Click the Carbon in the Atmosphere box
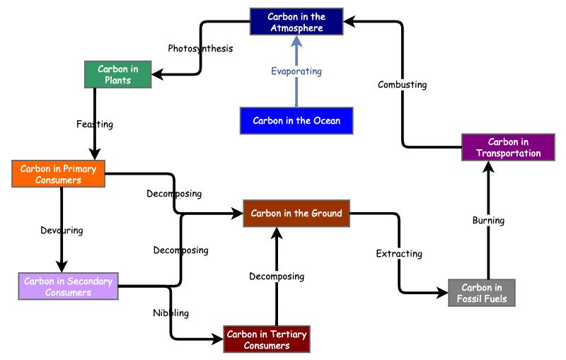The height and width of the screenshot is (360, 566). pos(296,22)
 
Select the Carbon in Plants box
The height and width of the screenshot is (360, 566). pos(118,75)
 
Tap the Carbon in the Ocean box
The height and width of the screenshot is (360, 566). pos(296,120)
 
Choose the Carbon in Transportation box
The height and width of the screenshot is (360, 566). pos(508,148)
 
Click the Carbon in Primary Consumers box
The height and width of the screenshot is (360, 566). pos(59,174)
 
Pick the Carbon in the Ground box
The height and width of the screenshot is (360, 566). pos(296,213)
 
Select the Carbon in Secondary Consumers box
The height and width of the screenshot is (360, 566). pos(68,286)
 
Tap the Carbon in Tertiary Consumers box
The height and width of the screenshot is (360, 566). pos(267,339)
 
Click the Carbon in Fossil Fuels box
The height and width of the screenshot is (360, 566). pos(482,293)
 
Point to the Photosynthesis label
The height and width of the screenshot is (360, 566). pos(200,49)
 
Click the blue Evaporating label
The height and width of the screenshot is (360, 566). pos(296,71)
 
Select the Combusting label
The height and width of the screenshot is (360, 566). pos(402,85)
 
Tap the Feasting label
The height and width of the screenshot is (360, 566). pos(95,124)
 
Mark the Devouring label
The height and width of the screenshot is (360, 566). pos(62,231)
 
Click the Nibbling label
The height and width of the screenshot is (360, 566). pos(171,313)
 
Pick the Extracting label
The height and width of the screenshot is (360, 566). pos(399,253)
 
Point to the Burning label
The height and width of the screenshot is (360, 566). pos(488,221)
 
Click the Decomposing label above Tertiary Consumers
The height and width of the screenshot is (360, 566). pos(277,276)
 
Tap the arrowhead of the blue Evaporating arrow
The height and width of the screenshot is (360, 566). pos(296,40)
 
